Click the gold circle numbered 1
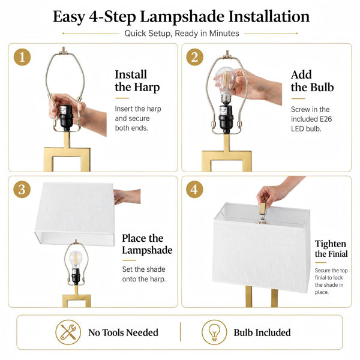22,57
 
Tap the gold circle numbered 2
194,57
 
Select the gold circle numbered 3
22,190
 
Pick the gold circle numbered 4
194,190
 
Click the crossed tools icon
68,332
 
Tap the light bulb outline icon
214,332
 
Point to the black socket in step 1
67,118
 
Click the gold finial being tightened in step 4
263,208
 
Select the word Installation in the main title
269,17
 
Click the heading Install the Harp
137,81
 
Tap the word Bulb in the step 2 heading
322,87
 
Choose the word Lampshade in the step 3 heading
147,250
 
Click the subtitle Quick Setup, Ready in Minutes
182,34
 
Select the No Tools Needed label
123,332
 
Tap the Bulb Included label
262,332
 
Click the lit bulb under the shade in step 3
76,259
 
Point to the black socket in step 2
226,119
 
